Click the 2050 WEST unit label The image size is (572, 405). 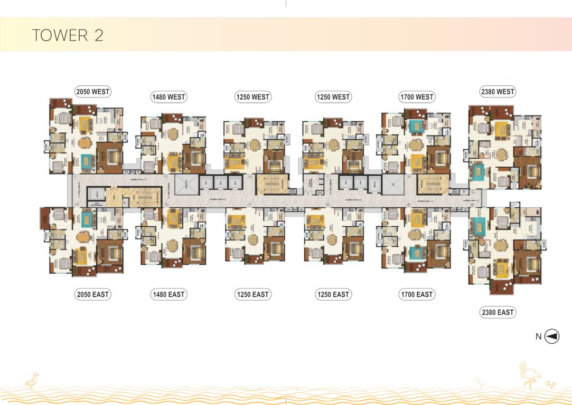[x=92, y=92]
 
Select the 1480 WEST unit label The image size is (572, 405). [x=168, y=97]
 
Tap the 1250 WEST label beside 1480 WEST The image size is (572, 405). [x=252, y=97]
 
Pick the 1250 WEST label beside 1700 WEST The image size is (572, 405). [x=333, y=97]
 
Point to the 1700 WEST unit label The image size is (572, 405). [x=417, y=97]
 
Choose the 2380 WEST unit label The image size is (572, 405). [x=498, y=92]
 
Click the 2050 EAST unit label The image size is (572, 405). [x=92, y=294]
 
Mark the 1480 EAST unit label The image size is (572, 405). [x=168, y=294]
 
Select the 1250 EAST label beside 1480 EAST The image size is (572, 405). [x=252, y=294]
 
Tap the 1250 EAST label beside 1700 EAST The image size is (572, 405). [x=333, y=294]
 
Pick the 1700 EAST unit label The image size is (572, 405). [x=417, y=294]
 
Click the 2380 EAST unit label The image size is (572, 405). [x=498, y=313]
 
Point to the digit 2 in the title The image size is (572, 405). [x=98, y=35]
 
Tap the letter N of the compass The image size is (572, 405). [x=538, y=337]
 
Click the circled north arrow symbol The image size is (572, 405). [x=552, y=336]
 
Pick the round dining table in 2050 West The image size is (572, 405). [x=85, y=142]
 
